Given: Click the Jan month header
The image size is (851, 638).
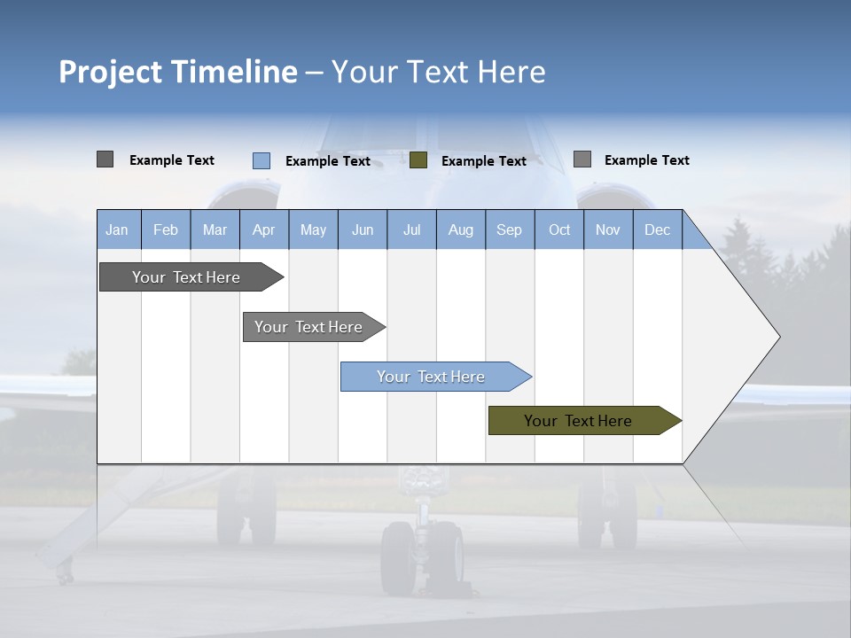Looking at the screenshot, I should [x=117, y=230].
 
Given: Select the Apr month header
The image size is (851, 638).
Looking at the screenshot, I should [x=264, y=230].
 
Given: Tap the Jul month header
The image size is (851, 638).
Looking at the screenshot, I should [x=411, y=230].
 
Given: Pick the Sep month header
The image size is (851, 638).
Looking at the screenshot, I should [x=509, y=230].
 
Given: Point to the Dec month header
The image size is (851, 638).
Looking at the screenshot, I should [x=657, y=230].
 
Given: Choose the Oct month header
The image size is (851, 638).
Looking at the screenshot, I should [x=559, y=230].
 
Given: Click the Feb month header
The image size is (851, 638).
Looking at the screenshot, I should [x=166, y=230].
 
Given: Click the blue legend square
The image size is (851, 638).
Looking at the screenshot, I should [x=262, y=160].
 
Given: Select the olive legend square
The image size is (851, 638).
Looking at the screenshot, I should [x=418, y=160].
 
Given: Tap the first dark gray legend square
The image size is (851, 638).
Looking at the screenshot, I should [x=105, y=159].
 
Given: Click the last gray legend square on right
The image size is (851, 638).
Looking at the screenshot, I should [x=582, y=159].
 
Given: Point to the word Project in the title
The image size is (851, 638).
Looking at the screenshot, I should [x=109, y=73].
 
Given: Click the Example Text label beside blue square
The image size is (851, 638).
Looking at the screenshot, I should [x=327, y=161].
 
